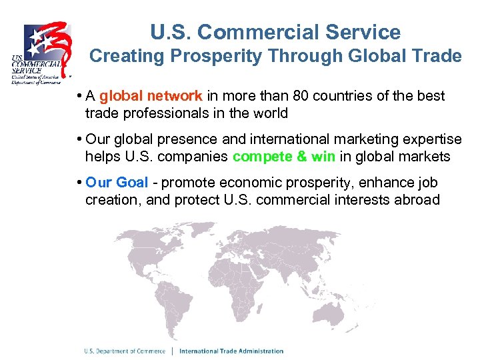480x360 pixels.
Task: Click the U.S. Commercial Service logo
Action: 42,53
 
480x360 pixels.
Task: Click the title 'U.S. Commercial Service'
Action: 275,32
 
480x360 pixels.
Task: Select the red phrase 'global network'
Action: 151,96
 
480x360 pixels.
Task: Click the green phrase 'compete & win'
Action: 285,157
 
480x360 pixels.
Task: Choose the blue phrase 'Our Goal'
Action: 117,183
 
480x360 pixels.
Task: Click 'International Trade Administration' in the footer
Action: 231,351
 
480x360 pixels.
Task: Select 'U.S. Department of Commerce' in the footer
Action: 125,351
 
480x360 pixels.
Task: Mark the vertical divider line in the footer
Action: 173,351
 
